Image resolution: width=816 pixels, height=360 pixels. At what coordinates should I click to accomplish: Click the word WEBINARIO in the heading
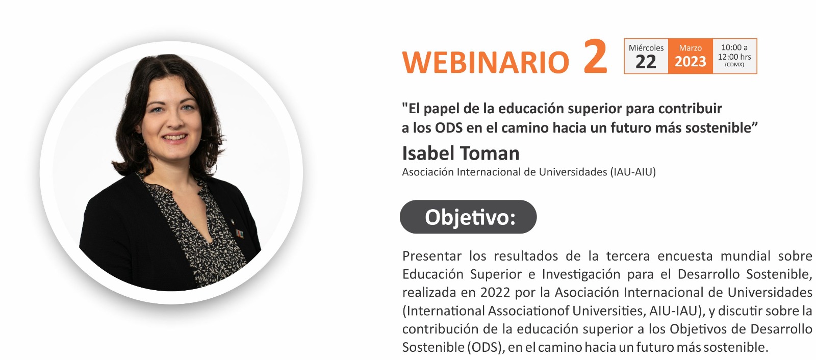coord(485,62)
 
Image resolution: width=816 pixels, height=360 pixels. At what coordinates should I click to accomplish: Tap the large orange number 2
coord(595,56)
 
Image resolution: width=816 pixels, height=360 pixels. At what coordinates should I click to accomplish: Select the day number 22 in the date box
coord(646,62)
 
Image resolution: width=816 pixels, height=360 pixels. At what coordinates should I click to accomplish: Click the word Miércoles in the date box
coord(646,48)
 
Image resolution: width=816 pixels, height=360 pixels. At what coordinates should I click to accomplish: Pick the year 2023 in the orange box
coord(691,62)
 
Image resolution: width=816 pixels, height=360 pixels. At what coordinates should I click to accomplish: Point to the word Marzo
coord(691,48)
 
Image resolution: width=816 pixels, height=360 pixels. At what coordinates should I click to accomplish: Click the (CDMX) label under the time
coord(734,65)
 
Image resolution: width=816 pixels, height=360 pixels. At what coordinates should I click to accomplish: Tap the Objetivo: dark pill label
coord(468,217)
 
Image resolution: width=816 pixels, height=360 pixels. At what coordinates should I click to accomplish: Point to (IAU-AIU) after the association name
coord(633,172)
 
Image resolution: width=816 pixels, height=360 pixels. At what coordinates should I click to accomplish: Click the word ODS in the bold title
coord(449,128)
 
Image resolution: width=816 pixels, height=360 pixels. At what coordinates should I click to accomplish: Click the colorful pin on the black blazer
coord(240,234)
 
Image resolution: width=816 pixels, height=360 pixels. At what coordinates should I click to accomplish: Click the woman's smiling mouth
coord(174,137)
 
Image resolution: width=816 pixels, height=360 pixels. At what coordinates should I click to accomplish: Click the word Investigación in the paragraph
coord(581,274)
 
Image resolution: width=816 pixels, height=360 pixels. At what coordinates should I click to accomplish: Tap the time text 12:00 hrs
coord(734,57)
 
